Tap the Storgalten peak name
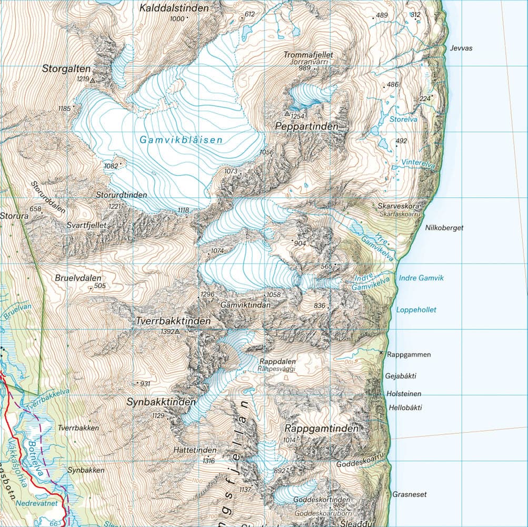pyautogui.click(x=67, y=69)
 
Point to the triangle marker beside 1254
pyautogui.click(x=287, y=113)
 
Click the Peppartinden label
pyautogui.click(x=306, y=127)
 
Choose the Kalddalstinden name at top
pyautogui.click(x=174, y=8)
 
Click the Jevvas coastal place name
pyautogui.click(x=461, y=48)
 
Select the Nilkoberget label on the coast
pyautogui.click(x=444, y=228)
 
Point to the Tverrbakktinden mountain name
pyautogui.click(x=173, y=321)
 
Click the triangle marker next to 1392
pyautogui.click(x=177, y=332)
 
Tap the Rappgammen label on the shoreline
pyautogui.click(x=409, y=355)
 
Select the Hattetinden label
pyautogui.click(x=195, y=451)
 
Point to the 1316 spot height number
pyautogui.click(x=208, y=461)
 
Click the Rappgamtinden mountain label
pyautogui.click(x=321, y=429)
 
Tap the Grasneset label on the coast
pyautogui.click(x=409, y=494)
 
